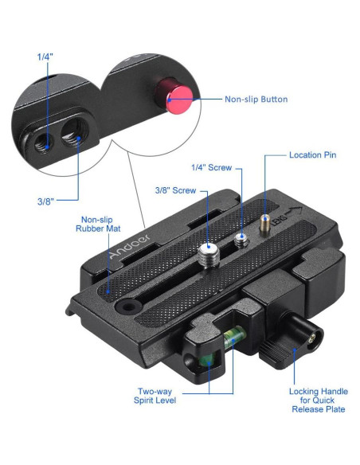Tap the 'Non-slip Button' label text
[256, 100]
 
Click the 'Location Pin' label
[312, 154]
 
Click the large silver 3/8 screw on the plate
[210, 254]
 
